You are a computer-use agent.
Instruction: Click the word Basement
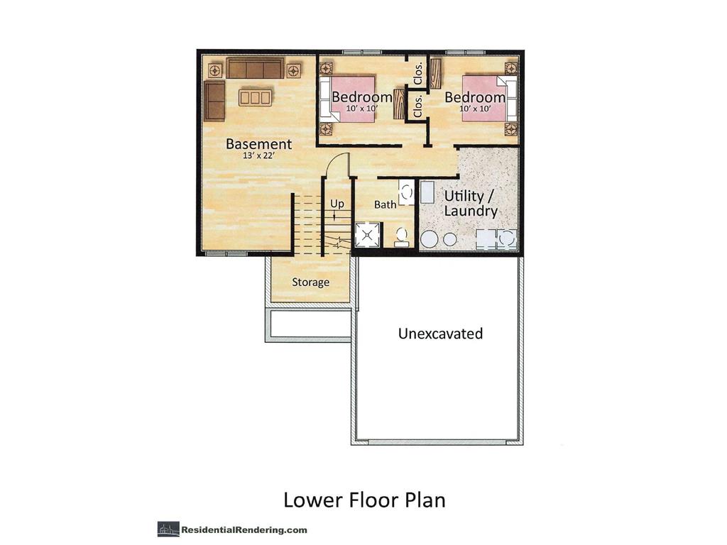click(258, 144)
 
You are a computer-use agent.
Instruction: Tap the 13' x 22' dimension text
click(258, 157)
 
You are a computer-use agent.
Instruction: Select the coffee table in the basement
click(255, 97)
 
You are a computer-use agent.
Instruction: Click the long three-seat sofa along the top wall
click(255, 69)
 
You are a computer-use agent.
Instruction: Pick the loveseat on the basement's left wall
click(214, 101)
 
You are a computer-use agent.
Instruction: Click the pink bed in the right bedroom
click(486, 99)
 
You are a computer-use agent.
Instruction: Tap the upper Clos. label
click(418, 72)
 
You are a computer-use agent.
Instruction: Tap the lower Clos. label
click(418, 106)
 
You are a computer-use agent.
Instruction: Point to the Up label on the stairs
click(337, 204)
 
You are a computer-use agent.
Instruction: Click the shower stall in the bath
click(368, 235)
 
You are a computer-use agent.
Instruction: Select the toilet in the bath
click(402, 236)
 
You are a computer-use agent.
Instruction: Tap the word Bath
click(386, 204)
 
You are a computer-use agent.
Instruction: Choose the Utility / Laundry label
click(471, 203)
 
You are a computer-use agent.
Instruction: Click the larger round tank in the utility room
click(429, 239)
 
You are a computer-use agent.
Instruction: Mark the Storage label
click(311, 282)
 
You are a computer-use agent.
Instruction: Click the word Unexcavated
click(440, 334)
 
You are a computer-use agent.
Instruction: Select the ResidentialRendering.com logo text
click(244, 529)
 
